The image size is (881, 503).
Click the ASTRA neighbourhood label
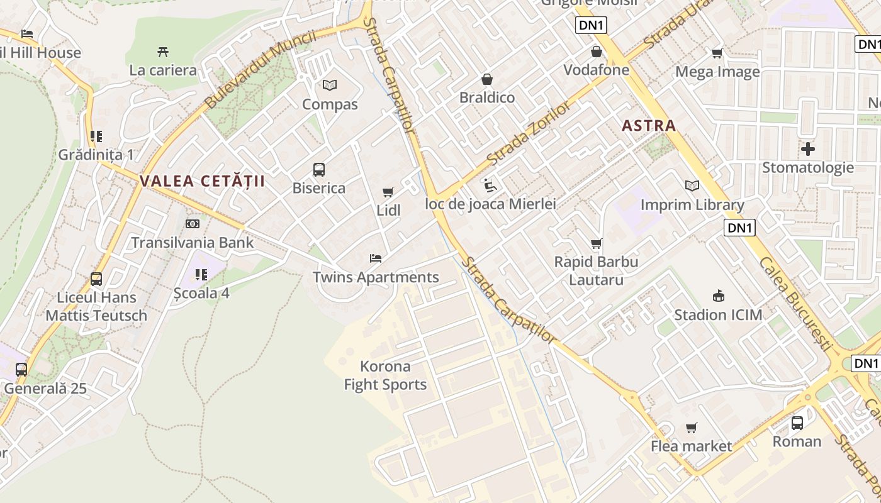[649, 126]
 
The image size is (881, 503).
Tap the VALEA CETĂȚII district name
[202, 182]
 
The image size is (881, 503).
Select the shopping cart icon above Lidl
[388, 192]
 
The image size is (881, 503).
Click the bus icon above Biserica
[319, 169]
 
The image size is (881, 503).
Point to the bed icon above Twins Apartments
[376, 258]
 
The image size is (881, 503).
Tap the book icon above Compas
[330, 85]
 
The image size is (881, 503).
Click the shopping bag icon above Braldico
[486, 79]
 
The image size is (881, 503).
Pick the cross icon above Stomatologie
[808, 149]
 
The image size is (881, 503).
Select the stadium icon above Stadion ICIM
[718, 296]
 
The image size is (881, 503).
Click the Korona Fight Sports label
[385, 375]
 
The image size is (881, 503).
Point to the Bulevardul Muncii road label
[259, 69]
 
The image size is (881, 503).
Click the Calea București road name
[795, 303]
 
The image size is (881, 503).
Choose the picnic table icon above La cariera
[163, 52]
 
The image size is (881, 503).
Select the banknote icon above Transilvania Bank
[193, 223]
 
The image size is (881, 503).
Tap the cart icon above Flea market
[692, 428]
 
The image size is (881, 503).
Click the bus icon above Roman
[797, 423]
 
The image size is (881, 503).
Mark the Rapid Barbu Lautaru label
[596, 270]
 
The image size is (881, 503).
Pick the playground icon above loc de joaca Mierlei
[490, 185]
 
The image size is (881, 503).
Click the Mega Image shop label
[717, 72]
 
